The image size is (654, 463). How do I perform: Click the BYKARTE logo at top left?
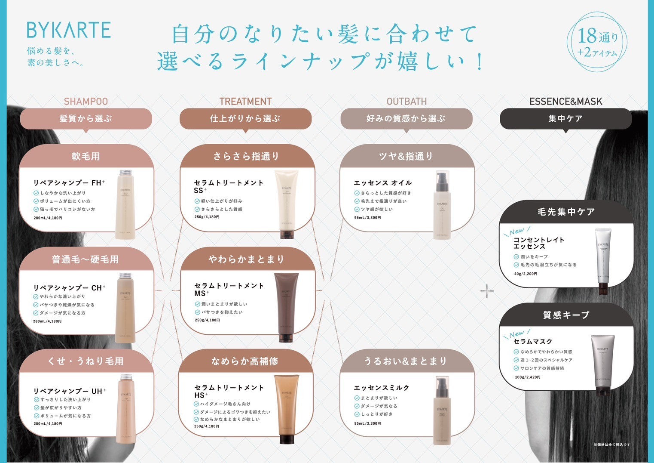click(69, 30)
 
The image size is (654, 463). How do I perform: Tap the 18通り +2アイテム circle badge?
click(598, 41)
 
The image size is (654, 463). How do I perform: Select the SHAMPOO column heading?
click(86, 102)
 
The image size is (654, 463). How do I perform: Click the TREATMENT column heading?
click(245, 102)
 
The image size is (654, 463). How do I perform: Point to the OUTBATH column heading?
click(406, 102)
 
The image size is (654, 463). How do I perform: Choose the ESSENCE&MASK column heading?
click(565, 102)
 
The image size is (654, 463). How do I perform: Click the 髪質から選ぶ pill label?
click(86, 118)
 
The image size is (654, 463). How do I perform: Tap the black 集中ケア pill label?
click(565, 118)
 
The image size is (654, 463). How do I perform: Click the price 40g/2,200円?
click(526, 274)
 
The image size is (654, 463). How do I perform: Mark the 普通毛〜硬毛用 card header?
click(86, 259)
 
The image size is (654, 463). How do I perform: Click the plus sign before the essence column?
click(487, 291)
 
